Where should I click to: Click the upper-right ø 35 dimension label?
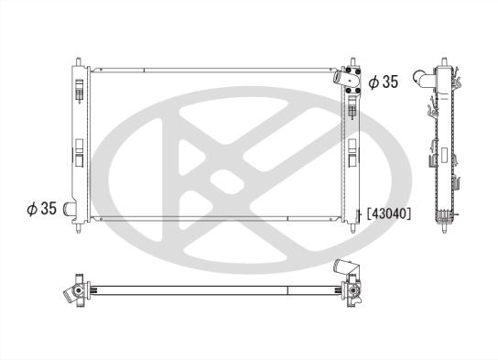click(383, 82)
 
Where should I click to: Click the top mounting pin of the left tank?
click(80, 63)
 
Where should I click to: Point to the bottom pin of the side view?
click(447, 229)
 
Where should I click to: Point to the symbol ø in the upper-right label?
click(373, 82)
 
